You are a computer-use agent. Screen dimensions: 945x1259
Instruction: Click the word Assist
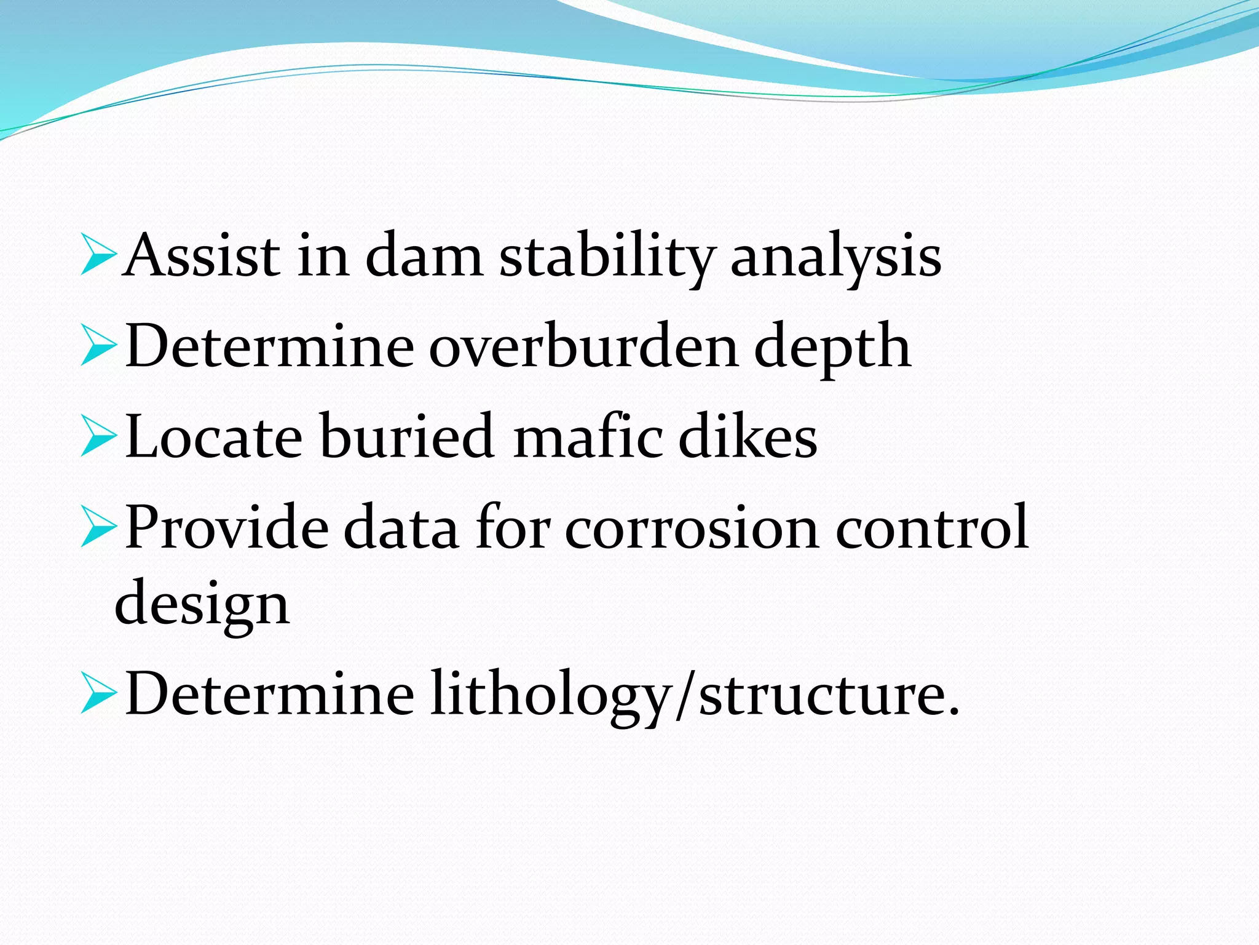click(x=201, y=255)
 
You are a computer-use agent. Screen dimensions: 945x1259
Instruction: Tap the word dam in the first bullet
click(x=424, y=255)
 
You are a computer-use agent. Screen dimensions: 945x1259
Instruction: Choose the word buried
click(x=406, y=436)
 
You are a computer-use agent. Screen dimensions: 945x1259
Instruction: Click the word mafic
click(x=588, y=436)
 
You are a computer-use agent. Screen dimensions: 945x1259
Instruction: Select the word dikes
click(x=748, y=436)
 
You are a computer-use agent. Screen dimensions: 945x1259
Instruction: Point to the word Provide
click(x=227, y=527)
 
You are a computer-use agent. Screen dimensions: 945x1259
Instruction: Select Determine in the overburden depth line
click(x=269, y=346)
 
